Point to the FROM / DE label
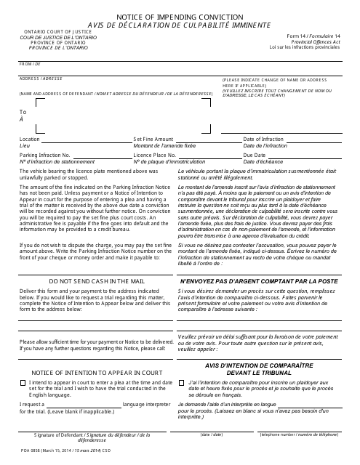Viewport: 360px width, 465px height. tap(31, 64)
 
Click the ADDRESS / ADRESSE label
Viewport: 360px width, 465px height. tap(41, 77)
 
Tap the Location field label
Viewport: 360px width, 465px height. tap(30, 139)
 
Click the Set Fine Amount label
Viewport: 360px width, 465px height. tap(153, 139)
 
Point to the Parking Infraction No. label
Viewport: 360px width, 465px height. tap(45, 155)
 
